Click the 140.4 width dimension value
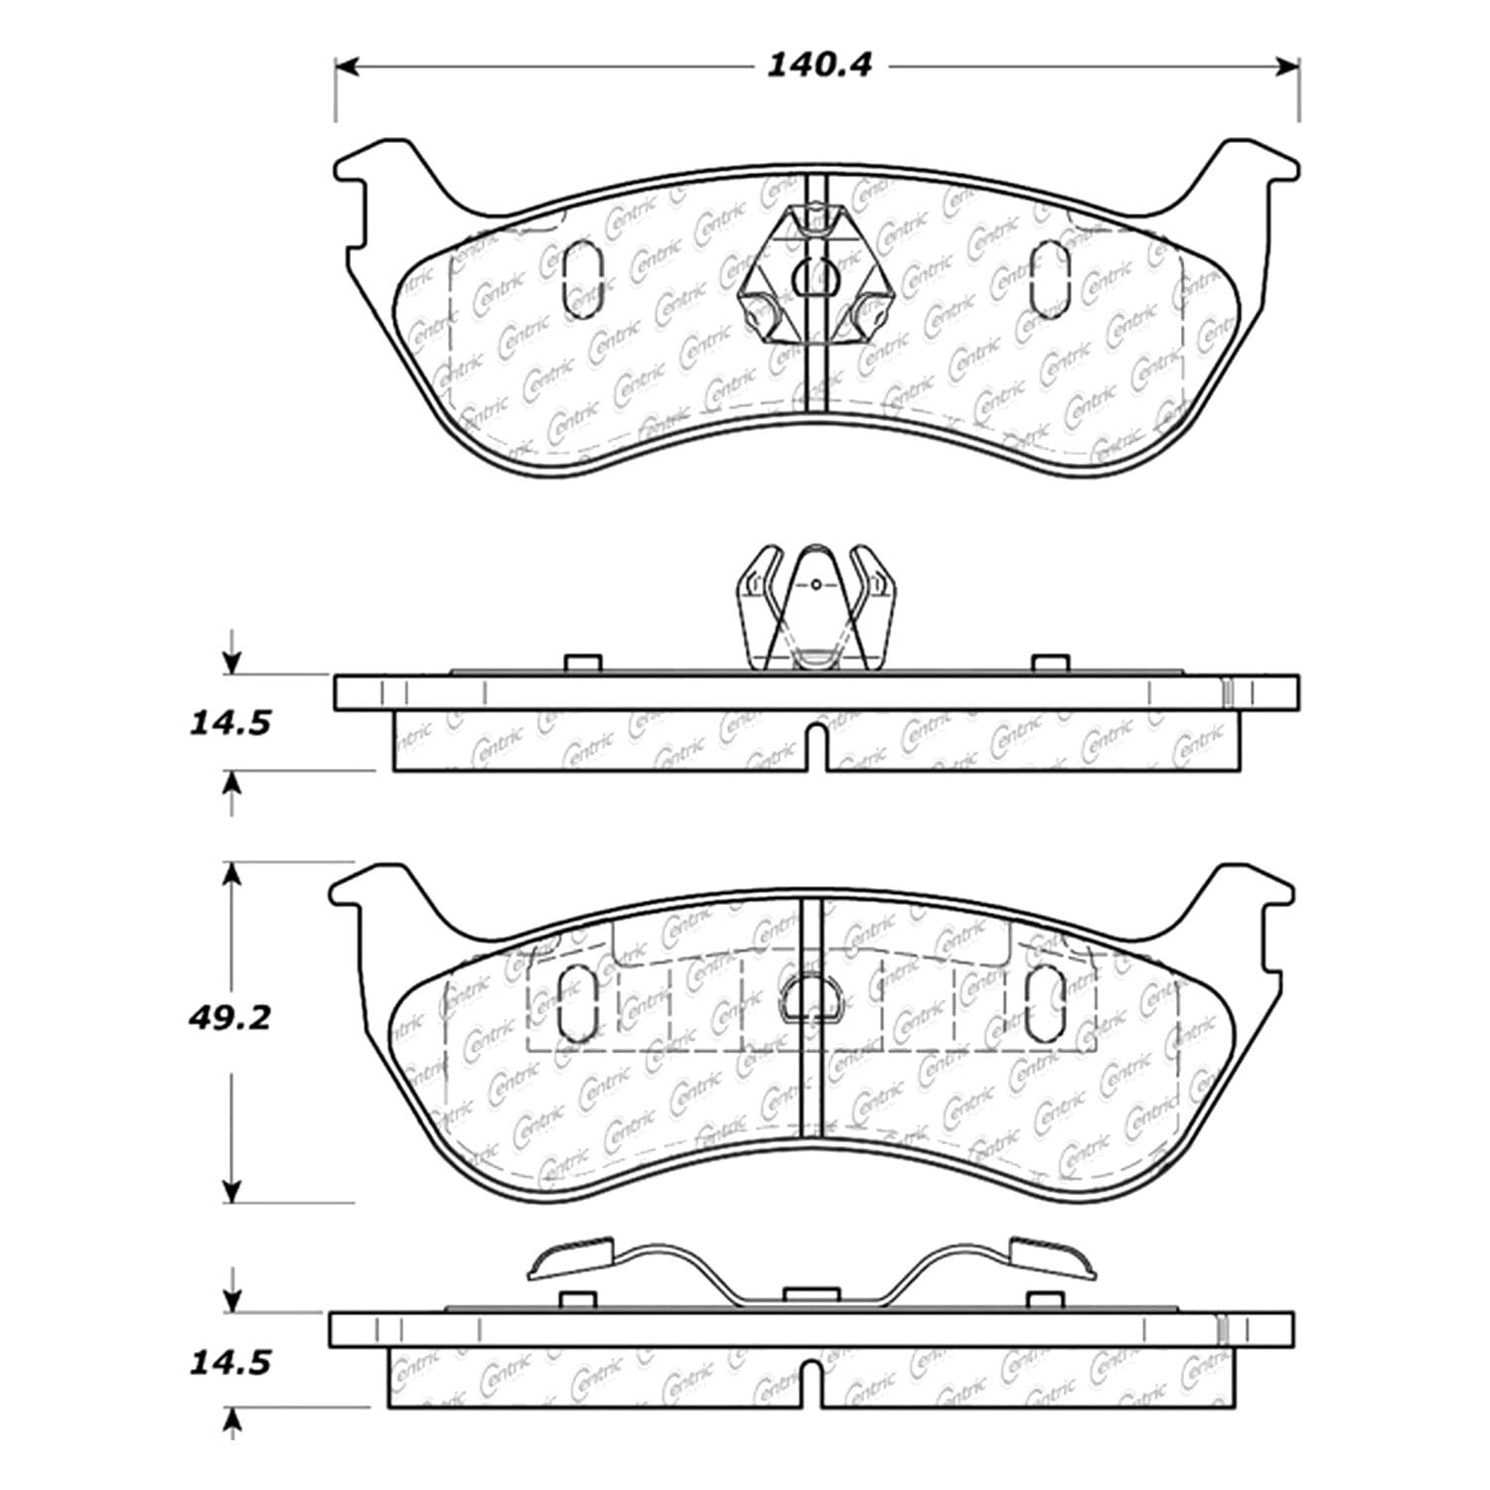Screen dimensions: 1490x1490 [x=819, y=66]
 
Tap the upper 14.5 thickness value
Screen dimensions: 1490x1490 [x=228, y=722]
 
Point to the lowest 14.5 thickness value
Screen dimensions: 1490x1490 [x=228, y=1362]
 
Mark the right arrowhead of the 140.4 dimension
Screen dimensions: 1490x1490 [x=1288, y=67]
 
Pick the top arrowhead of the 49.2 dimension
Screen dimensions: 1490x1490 [x=232, y=872]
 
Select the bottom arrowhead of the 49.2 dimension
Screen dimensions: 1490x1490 [x=232, y=1191]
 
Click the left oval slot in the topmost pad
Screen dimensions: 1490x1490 [x=581, y=281]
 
